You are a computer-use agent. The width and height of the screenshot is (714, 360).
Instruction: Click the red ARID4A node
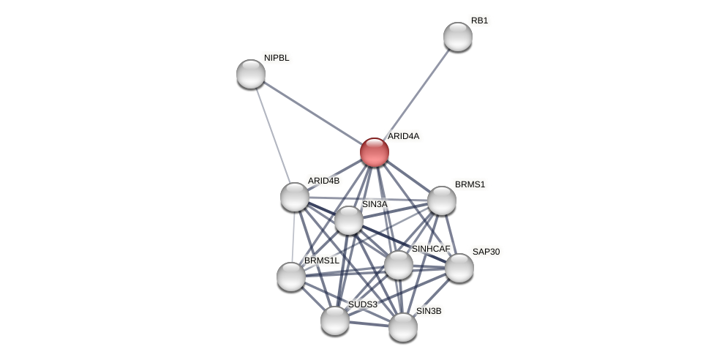375,152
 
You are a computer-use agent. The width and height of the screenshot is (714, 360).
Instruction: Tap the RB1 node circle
458,37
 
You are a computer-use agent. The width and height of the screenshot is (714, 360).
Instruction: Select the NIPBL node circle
251,74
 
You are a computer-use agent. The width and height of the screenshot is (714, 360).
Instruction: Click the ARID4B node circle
295,197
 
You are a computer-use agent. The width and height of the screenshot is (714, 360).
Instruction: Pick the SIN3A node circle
349,220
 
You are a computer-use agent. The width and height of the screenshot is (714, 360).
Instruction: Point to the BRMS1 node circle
442,200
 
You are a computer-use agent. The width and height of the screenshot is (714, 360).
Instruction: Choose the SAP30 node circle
459,268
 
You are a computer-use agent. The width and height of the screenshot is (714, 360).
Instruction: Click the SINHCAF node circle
399,265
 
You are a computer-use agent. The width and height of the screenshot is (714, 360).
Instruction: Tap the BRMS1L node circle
291,277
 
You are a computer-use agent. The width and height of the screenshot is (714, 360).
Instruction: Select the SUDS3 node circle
335,320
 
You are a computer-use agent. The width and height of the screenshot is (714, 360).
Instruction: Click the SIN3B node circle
403,327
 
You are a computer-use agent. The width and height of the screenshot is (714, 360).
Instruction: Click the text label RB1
479,20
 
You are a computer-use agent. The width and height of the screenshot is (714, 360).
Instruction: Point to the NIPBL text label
277,58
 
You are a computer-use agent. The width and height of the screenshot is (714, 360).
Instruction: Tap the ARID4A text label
403,136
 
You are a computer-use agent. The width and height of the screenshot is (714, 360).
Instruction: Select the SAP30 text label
486,252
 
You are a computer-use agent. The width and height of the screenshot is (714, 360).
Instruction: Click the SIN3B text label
429,311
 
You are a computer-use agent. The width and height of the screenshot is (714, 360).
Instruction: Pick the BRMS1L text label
321,260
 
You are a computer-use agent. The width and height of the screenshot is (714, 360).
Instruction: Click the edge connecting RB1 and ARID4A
416,94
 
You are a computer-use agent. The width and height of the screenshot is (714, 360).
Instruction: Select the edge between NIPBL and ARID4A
312,113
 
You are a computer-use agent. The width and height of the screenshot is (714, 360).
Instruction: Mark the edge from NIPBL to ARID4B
273,135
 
